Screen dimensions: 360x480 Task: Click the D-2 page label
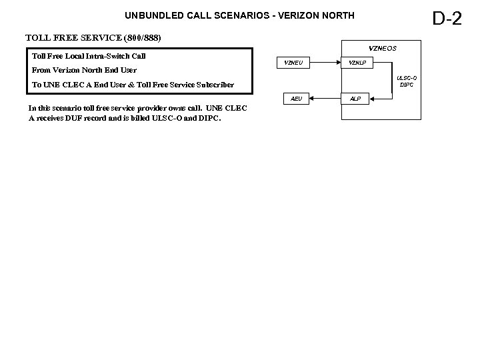click(x=447, y=18)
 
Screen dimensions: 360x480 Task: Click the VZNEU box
click(x=293, y=63)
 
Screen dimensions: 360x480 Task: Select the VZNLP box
click(x=357, y=63)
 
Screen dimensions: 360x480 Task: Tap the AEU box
click(x=296, y=99)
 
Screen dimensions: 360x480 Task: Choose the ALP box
click(x=356, y=99)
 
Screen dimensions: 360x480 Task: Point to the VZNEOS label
click(x=383, y=48)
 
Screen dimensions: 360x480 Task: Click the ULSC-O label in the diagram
click(x=406, y=78)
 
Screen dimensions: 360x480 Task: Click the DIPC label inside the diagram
click(x=406, y=85)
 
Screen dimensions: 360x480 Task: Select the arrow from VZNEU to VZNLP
click(x=325, y=63)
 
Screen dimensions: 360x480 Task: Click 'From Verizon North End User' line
click(x=85, y=70)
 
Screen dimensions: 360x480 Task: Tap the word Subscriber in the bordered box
click(x=211, y=85)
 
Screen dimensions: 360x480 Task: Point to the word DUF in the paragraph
click(x=97, y=119)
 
